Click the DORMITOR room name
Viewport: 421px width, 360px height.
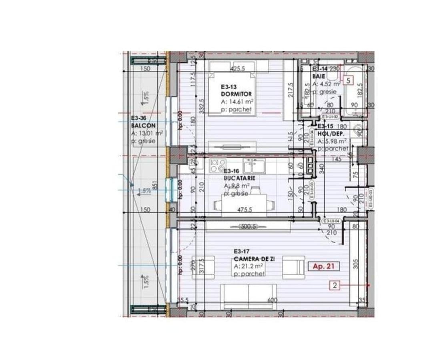pyautogui.click(x=236, y=94)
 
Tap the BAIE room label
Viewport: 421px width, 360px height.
pyautogui.click(x=319, y=76)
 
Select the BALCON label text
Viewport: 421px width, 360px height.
pyautogui.click(x=143, y=126)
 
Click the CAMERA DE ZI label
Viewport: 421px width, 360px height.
pyautogui.click(x=254, y=259)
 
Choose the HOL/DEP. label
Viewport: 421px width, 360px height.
pyautogui.click(x=331, y=134)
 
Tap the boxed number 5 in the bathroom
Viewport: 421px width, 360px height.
pyautogui.click(x=349, y=80)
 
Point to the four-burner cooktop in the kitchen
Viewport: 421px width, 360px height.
pyautogui.click(x=218, y=164)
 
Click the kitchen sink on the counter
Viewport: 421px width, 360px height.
pyautogui.click(x=252, y=163)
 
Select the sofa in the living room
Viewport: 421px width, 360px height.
pyautogui.click(x=248, y=296)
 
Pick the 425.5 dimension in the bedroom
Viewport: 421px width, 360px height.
pyautogui.click(x=238, y=69)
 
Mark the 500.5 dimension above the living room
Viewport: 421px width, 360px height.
pyautogui.click(x=248, y=226)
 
